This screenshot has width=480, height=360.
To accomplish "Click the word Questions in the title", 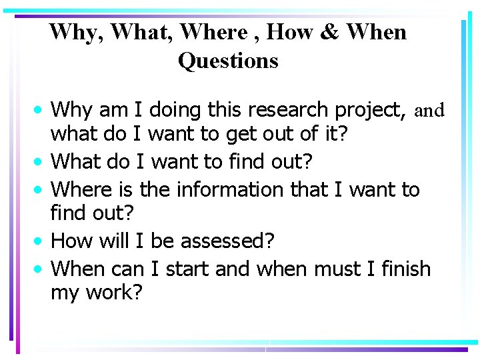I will (228, 61).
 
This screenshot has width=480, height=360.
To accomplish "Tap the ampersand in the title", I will (329, 31).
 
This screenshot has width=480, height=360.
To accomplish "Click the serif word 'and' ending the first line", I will (429, 110).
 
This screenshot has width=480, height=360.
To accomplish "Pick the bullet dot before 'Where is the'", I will (41, 189).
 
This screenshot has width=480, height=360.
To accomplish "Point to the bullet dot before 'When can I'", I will (41, 269).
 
